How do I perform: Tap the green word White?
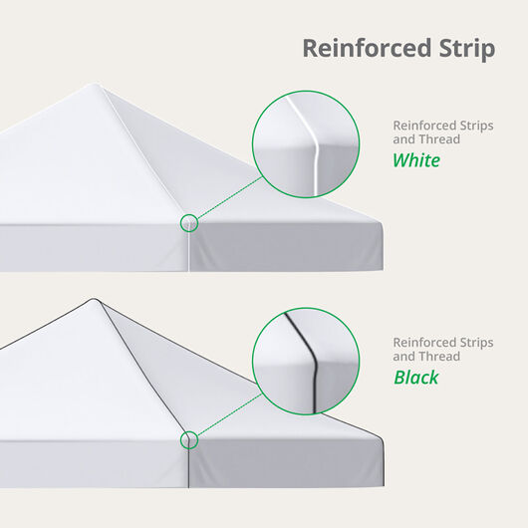pos(415,160)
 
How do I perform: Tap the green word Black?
pos(415,378)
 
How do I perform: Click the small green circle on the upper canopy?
pos(189,223)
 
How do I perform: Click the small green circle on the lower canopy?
pos(189,439)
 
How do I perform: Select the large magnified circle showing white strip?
pos(305,143)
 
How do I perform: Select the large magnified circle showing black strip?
pos(305,360)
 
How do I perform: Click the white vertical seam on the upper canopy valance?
pos(188,251)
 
